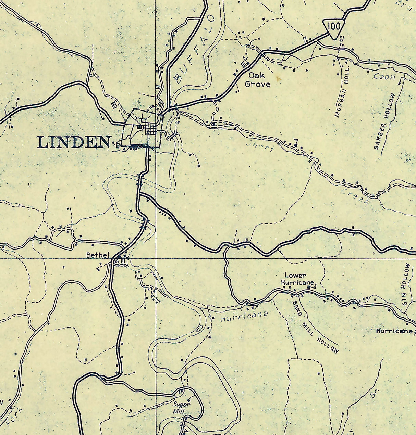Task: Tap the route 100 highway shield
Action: pos(333,27)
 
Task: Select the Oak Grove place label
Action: pos(257,79)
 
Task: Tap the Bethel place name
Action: pos(98,255)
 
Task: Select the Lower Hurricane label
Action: pos(297,279)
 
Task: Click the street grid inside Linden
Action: pos(150,129)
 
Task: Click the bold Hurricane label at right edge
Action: pos(394,331)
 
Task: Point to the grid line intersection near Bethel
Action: pos(156,258)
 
